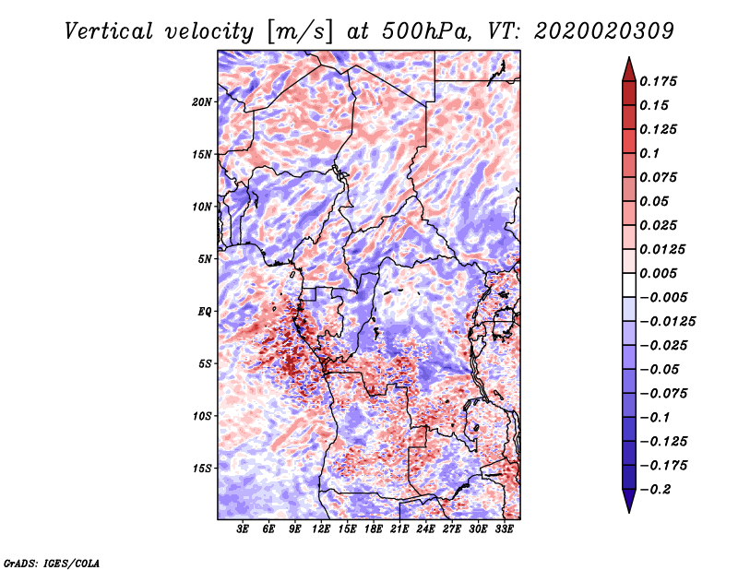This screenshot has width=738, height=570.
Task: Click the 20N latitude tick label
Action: (x=202, y=101)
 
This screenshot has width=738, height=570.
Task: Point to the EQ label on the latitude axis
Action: (x=205, y=311)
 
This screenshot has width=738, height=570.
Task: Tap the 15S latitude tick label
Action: (x=202, y=468)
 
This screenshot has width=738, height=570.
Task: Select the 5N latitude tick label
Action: (x=205, y=258)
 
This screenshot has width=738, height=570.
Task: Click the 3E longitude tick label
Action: (x=244, y=529)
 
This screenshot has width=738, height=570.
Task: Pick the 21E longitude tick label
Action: (x=399, y=529)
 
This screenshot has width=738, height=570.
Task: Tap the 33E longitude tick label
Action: (x=504, y=529)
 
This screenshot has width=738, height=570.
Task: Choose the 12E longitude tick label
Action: (x=322, y=529)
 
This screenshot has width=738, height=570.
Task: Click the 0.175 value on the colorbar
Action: (x=659, y=81)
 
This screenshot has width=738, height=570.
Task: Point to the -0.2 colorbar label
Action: (x=656, y=489)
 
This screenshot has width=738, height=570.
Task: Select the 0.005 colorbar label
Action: (x=659, y=273)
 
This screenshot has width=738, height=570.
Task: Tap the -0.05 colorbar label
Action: (x=659, y=369)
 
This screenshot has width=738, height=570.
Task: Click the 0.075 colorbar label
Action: (x=659, y=177)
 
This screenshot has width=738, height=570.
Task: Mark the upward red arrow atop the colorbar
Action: (x=628, y=67)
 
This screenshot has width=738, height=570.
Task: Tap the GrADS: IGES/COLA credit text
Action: (x=51, y=562)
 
